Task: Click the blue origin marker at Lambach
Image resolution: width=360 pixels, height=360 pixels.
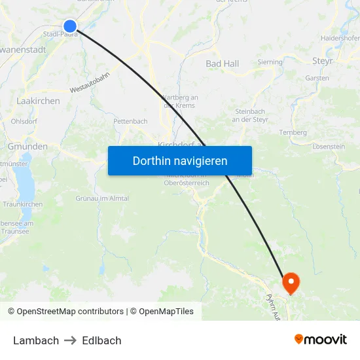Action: (70, 26)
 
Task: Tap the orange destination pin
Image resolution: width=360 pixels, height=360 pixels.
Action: (290, 283)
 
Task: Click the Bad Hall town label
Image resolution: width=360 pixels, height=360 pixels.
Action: (223, 63)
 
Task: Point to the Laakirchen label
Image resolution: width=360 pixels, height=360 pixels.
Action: (38, 101)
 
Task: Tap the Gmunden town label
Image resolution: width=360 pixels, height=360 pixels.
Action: (27, 147)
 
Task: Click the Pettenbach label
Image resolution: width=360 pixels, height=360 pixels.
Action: (130, 121)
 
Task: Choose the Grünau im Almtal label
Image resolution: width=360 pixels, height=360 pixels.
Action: (102, 198)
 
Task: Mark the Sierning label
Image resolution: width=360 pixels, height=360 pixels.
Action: (270, 62)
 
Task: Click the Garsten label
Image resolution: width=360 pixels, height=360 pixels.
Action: (317, 78)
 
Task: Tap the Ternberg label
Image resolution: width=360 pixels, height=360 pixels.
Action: (293, 132)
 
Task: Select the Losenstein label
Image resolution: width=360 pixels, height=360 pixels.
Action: (329, 147)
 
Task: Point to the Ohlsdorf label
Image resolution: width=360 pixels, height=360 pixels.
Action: (24, 121)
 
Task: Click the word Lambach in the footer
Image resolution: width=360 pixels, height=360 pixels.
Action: (36, 340)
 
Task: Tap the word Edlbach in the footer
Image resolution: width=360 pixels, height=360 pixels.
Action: (101, 340)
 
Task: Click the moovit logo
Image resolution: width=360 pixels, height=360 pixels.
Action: (321, 339)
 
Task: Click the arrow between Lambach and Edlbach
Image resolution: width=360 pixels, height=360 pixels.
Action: (71, 340)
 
